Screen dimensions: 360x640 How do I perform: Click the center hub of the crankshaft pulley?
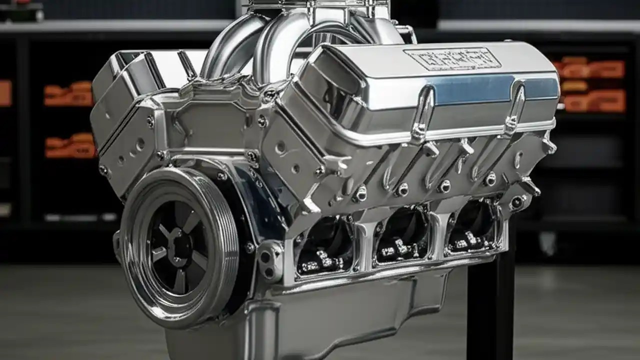click(176, 246)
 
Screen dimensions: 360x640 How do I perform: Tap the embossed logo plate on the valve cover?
click(452, 58)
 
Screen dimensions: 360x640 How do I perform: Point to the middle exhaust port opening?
click(402, 235)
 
